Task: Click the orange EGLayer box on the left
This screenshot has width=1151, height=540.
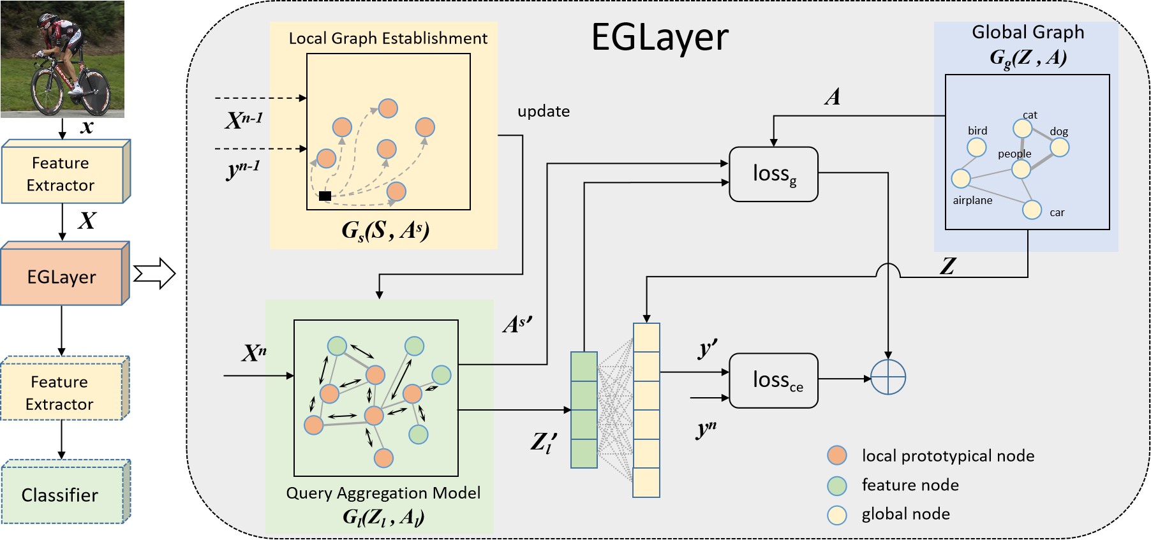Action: coord(62,277)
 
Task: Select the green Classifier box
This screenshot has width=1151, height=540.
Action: coord(61,495)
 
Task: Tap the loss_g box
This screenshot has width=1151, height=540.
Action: coord(773,174)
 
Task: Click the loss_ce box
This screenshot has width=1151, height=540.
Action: coord(773,381)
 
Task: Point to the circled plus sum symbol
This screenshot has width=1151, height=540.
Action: coord(888,377)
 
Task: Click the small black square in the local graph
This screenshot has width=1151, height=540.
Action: coord(325,196)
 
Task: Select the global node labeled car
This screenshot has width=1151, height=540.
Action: coord(1032,209)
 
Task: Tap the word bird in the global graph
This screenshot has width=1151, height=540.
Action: coord(977,131)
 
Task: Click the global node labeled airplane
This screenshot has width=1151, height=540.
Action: coord(961,179)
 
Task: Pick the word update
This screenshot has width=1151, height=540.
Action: coord(543,112)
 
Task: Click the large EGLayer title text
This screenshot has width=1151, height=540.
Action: coord(659,38)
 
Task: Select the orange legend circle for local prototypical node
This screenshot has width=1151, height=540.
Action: coord(836,455)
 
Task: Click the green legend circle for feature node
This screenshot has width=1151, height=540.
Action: coord(836,485)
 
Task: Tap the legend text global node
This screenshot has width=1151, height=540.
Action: coord(905,514)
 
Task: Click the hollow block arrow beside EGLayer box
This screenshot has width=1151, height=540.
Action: coord(154,274)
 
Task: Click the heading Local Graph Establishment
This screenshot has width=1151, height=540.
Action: coord(388,38)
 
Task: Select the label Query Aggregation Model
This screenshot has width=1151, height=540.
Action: coord(383,493)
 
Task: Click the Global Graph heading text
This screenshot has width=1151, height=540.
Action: coord(1027,32)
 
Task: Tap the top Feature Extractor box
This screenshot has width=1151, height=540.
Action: coord(62,174)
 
